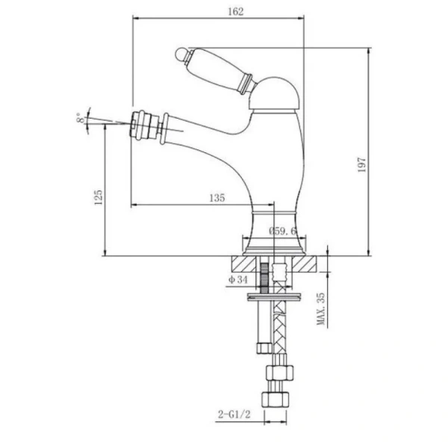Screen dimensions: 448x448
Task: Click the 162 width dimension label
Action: tap(236, 12)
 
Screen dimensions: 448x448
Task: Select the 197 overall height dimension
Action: tap(361, 164)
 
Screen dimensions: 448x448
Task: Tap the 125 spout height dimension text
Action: tap(98, 197)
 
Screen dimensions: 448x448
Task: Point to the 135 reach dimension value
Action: tap(217, 198)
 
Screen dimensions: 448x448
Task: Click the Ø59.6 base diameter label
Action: tap(282, 231)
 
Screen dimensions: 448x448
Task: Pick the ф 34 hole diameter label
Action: tap(237, 279)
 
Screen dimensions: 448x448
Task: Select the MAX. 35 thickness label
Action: tap(321, 308)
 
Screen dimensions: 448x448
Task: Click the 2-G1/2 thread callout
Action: tap(234, 414)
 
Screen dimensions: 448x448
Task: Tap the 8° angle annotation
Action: tap(81, 118)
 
